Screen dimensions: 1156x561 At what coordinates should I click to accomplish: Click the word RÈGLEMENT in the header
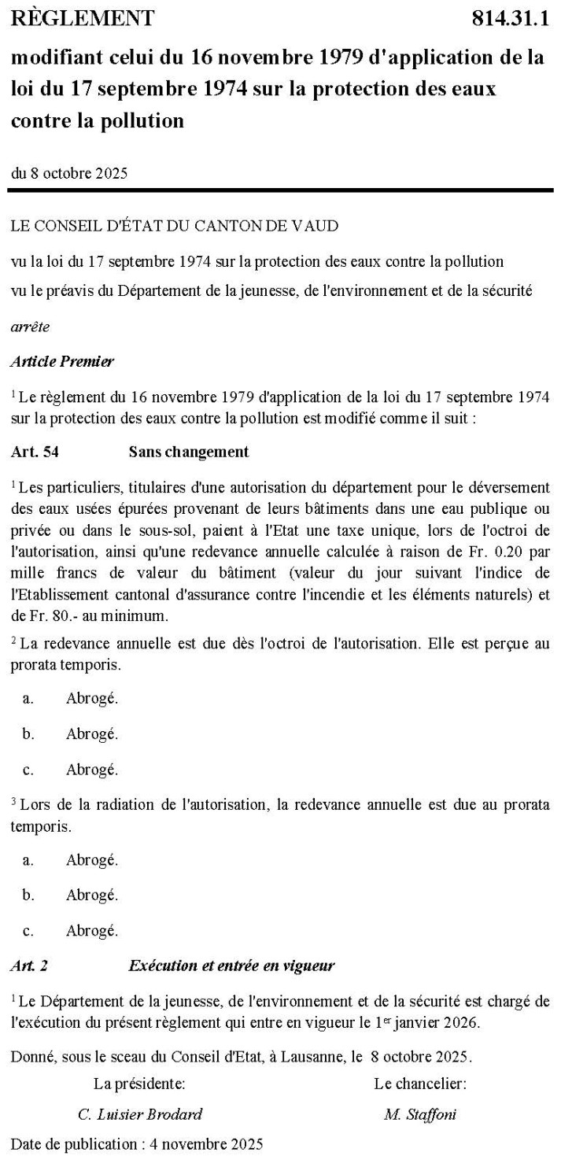[x=83, y=17]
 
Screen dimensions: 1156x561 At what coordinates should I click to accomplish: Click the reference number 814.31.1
[x=509, y=17]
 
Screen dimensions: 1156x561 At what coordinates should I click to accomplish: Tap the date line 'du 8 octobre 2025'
[x=70, y=172]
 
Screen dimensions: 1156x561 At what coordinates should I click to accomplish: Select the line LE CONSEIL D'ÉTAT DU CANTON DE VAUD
[x=175, y=227]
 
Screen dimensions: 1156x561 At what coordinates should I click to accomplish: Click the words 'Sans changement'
[x=188, y=452]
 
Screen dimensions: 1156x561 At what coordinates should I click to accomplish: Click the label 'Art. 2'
[x=29, y=966]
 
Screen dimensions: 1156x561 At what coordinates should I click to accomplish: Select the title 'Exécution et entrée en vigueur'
[x=231, y=966]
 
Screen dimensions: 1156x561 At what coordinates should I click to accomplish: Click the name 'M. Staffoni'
[x=420, y=1114]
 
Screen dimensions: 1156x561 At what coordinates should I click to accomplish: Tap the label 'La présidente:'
[x=140, y=1084]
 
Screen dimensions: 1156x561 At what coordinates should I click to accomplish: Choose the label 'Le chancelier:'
[x=420, y=1084]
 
